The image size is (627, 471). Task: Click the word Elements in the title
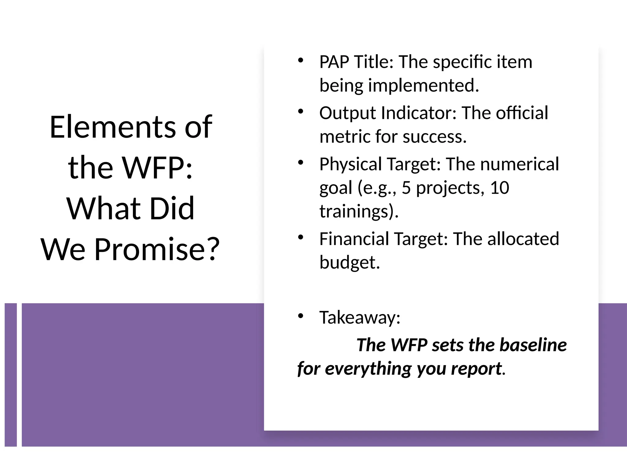coord(113,127)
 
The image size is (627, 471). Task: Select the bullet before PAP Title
coord(300,60)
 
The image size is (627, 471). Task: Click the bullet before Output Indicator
coord(300,111)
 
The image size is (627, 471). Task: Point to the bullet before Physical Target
coord(300,163)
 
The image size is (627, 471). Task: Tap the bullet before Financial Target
coord(300,237)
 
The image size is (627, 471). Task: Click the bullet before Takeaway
coord(300,316)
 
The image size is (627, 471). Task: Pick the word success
coord(434,137)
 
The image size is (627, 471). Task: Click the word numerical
coord(520,164)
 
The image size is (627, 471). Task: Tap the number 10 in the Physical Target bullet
coord(499,188)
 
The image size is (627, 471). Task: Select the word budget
coord(349,262)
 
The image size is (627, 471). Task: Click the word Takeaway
coord(359,318)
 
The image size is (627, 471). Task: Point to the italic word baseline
coord(533,345)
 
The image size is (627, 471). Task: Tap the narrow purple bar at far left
coord(11,374)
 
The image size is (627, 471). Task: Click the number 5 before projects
coord(406,188)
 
